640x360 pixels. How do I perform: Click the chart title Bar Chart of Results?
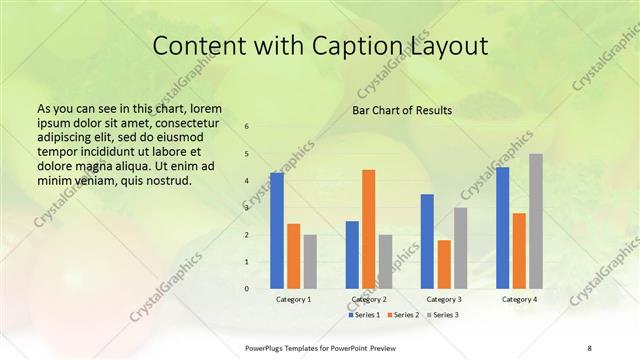tap(402, 110)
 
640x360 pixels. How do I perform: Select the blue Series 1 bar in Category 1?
tap(277, 230)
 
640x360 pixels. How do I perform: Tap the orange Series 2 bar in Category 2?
tap(369, 229)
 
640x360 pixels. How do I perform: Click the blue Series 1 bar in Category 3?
tap(427, 241)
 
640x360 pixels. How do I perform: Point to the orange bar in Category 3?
tap(444, 264)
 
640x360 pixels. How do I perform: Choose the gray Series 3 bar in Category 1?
tap(310, 261)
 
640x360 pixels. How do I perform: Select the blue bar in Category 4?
tap(503, 227)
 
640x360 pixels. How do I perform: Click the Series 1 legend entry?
tap(364, 315)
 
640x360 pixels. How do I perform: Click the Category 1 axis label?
tap(293, 299)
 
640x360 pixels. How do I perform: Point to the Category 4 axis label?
tap(519, 299)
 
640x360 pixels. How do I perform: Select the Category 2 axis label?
tap(369, 299)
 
